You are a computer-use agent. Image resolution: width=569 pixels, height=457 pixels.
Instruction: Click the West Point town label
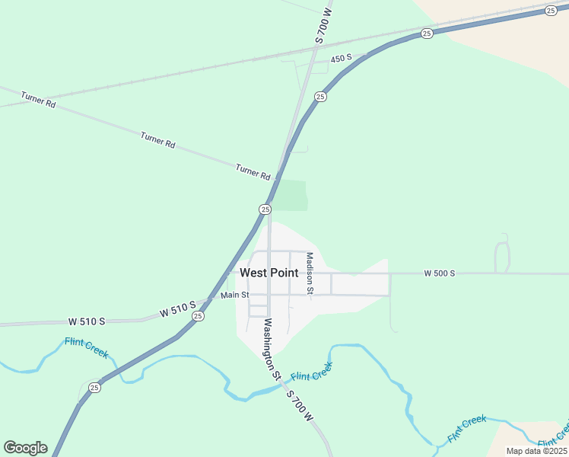pyautogui.click(x=269, y=273)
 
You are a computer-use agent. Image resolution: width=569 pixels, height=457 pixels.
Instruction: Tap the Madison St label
pyautogui.click(x=310, y=273)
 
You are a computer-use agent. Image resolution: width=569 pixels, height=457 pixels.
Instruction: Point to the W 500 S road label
pyautogui.click(x=440, y=273)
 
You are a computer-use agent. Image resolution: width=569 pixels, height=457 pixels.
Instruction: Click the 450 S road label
pyautogui.click(x=342, y=59)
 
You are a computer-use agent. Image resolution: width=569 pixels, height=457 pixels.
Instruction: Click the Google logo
pyautogui.click(x=25, y=448)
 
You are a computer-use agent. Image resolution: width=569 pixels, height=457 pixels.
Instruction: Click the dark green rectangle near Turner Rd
pyautogui.click(x=291, y=195)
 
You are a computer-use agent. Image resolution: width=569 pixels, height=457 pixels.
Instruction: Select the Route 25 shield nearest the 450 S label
pyautogui.click(x=320, y=97)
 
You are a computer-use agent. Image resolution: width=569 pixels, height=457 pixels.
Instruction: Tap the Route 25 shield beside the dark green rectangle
pyautogui.click(x=265, y=209)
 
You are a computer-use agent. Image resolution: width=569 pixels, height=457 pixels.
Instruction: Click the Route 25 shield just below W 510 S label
pyautogui.click(x=198, y=316)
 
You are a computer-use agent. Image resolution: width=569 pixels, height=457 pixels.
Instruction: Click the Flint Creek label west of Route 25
pyautogui.click(x=87, y=347)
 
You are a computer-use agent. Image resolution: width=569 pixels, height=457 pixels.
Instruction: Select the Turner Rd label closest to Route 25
pyautogui.click(x=253, y=172)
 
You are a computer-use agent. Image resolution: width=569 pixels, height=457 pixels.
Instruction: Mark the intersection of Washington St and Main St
pyautogui.click(x=269, y=295)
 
